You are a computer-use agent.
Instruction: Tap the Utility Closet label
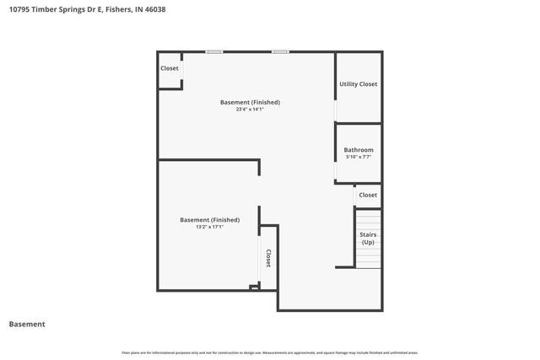358,84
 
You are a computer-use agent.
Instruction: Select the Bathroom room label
358,150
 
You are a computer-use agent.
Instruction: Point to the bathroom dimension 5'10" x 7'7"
358,157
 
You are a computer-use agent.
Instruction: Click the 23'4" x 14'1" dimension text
250,109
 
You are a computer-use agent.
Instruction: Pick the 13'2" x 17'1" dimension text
209,227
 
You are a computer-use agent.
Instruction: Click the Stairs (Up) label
368,239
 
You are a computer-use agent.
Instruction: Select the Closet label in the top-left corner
170,68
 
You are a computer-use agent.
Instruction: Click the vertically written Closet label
268,258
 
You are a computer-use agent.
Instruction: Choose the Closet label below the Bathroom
368,195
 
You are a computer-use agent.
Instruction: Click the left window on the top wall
214,52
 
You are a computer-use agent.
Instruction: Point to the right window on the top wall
280,52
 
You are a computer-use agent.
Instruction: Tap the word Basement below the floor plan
27,324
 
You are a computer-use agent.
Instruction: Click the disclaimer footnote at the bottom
270,352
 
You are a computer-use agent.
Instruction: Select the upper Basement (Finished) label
250,102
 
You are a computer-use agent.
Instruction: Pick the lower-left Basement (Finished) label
209,220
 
